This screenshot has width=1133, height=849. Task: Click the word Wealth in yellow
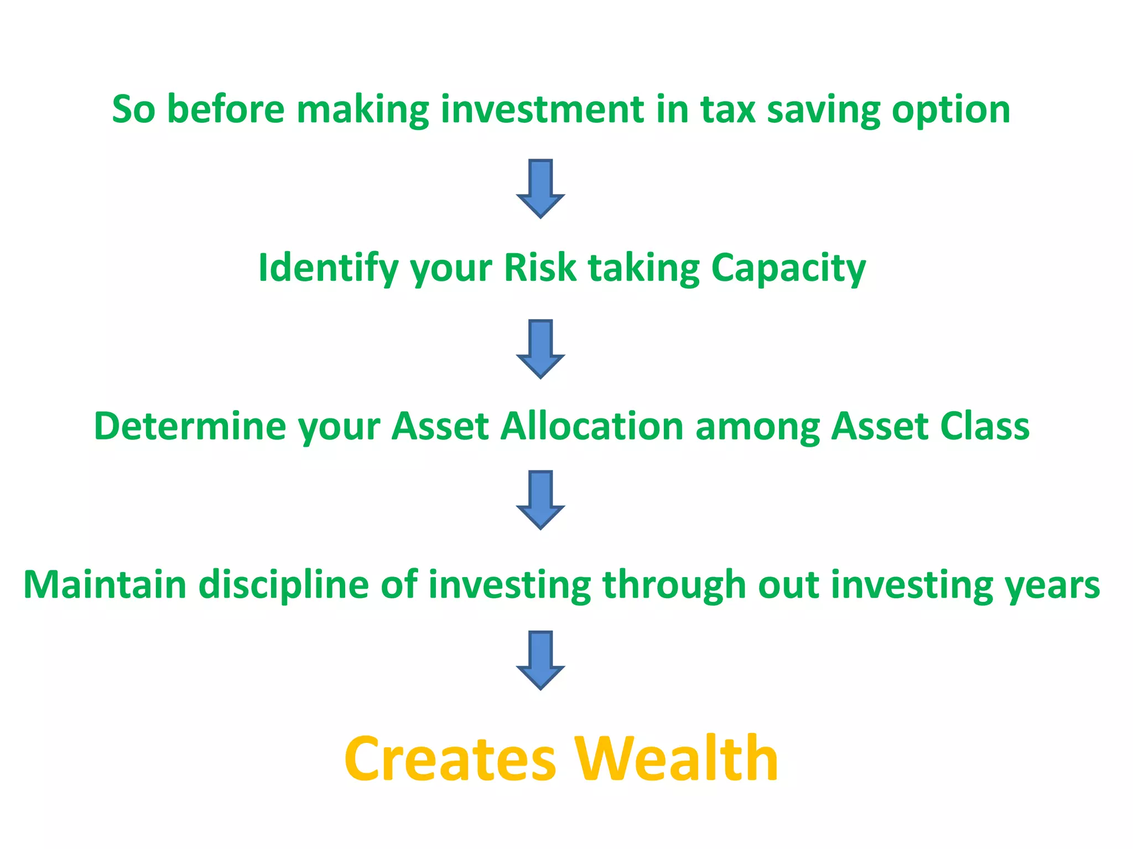click(x=676, y=760)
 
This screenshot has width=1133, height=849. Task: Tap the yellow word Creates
click(x=450, y=760)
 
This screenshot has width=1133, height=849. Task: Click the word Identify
click(x=328, y=269)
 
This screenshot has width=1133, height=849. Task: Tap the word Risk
click(x=540, y=269)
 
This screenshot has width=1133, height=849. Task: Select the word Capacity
click(x=788, y=269)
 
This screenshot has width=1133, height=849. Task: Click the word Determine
click(x=190, y=427)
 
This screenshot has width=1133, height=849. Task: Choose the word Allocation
click(x=593, y=427)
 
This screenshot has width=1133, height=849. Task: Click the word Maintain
click(x=105, y=585)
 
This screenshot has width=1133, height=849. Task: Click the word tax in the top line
click(x=727, y=109)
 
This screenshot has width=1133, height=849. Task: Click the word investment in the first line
click(x=542, y=109)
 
